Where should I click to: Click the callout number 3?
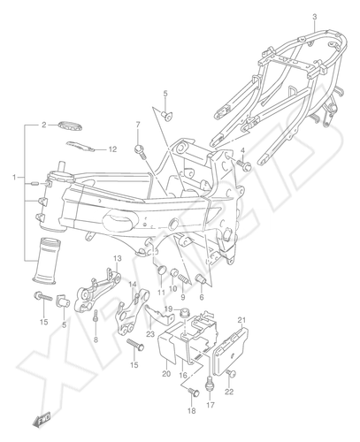coord(315,17)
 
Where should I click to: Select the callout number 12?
coord(112,149)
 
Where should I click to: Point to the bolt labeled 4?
coord(244,164)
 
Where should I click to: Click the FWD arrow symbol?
coord(42,419)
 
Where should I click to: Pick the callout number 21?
coord(241,320)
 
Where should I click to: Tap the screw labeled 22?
coord(231,374)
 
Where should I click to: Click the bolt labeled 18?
coord(194,392)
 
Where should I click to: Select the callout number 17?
coord(211,405)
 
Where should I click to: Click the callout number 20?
coord(166,374)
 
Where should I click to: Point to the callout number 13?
coord(118,259)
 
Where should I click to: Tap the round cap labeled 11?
coord(161,270)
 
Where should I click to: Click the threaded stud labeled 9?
coord(183,278)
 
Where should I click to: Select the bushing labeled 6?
coord(201,278)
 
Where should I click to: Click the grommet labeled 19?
coord(185,311)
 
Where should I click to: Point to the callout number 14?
coord(133,285)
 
